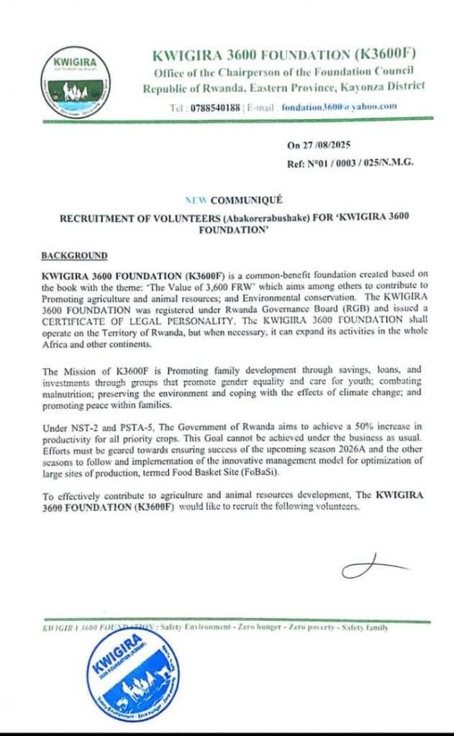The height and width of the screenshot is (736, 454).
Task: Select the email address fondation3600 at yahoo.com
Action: [340, 107]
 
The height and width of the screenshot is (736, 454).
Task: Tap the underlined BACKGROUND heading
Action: [75, 255]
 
